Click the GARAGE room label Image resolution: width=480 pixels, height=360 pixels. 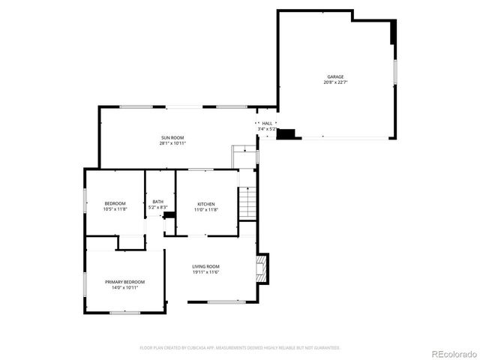[334, 76]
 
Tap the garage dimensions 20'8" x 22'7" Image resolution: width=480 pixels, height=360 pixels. [334, 82]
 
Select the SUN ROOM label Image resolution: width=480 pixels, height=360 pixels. [172, 137]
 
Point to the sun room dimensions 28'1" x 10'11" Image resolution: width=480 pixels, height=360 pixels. [172, 143]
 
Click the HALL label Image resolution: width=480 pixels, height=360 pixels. [267, 123]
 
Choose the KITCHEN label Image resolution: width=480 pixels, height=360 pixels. [206, 204]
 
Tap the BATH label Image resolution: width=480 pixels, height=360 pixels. [157, 201]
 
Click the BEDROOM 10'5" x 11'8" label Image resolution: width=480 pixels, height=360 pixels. [115, 204]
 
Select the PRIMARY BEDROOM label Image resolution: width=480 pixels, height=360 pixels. [124, 281]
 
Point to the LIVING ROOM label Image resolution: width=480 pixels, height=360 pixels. [205, 266]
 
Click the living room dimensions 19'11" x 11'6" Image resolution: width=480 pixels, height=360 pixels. [205, 272]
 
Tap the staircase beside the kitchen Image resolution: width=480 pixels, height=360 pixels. [247, 203]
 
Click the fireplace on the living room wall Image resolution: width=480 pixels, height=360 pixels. [262, 268]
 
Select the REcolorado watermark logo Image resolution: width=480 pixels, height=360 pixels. [452, 353]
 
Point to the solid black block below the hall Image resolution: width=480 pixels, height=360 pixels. [289, 134]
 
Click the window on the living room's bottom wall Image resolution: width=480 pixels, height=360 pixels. [226, 302]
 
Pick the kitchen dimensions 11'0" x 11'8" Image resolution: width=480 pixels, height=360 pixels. [206, 210]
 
